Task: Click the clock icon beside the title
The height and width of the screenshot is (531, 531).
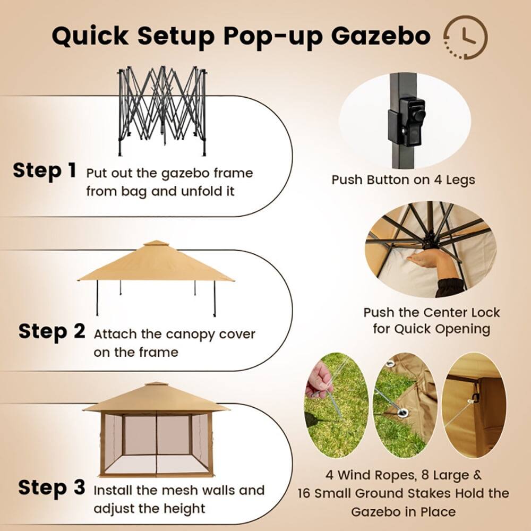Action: point(465,37)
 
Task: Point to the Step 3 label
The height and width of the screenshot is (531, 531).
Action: point(52,487)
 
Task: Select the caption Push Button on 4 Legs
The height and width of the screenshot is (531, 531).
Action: point(403,179)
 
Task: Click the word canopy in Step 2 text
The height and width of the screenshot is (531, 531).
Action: point(192,335)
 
